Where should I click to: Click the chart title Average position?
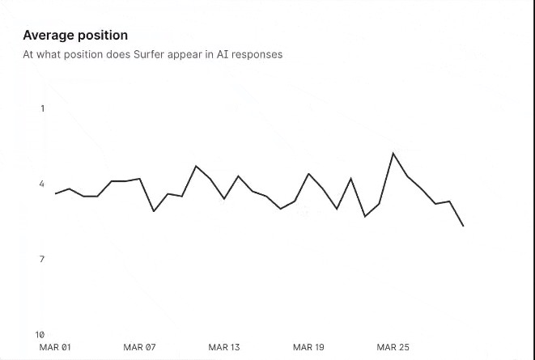(74, 36)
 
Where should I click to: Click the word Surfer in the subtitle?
(152, 55)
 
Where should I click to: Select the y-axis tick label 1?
(43, 108)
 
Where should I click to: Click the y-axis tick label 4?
(42, 184)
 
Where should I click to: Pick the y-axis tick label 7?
(42, 259)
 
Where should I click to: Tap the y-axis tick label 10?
(40, 334)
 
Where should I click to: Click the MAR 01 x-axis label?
(55, 347)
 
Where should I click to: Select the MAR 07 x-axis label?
(139, 347)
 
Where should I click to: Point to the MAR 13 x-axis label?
(224, 347)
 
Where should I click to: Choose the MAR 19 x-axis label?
(308, 347)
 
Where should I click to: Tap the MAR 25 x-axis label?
(393, 347)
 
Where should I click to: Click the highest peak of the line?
(393, 153)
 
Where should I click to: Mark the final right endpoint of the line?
(463, 226)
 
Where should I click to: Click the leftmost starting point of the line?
(55, 193)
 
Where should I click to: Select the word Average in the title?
(49, 36)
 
